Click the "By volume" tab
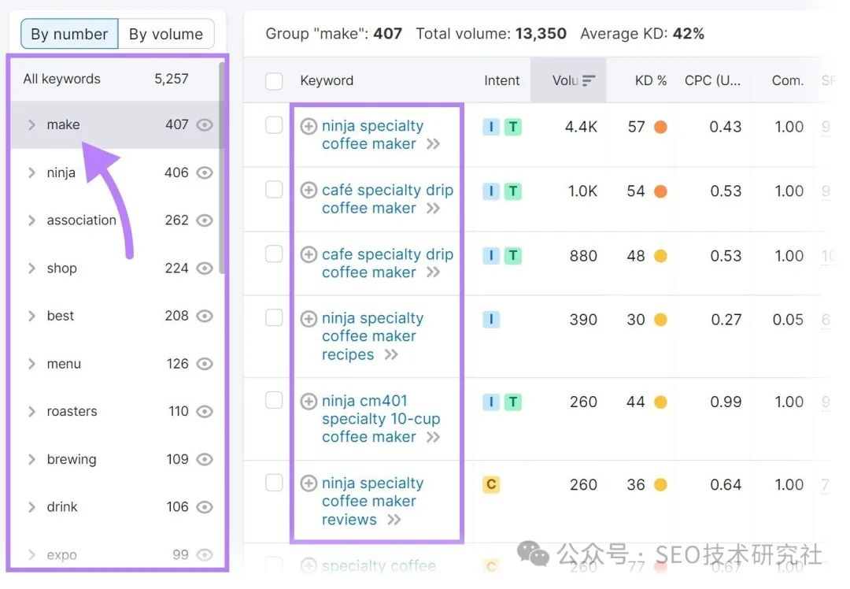pyautogui.click(x=166, y=34)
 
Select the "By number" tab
pyautogui.click(x=69, y=34)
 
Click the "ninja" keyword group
pyautogui.click(x=61, y=172)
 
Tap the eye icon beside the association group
pyautogui.click(x=205, y=220)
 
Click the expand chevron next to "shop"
pyautogui.click(x=31, y=269)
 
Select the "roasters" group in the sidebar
pyautogui.click(x=72, y=411)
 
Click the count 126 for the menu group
pyautogui.click(x=177, y=364)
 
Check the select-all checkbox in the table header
pyautogui.click(x=274, y=80)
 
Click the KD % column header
pyautogui.click(x=650, y=80)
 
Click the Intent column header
pyautogui.click(x=502, y=80)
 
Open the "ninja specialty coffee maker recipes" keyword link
pyautogui.click(x=371, y=336)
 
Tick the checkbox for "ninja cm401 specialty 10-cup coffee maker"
pyautogui.click(x=274, y=401)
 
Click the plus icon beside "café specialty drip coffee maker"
pyautogui.click(x=309, y=191)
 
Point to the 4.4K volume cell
pyautogui.click(x=581, y=127)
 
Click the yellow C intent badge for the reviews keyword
pyautogui.click(x=491, y=484)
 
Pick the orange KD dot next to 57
pyautogui.click(x=660, y=127)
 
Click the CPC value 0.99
pyautogui.click(x=725, y=402)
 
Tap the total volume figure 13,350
pyautogui.click(x=541, y=34)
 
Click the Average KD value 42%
pyautogui.click(x=689, y=34)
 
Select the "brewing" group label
pyautogui.click(x=72, y=459)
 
